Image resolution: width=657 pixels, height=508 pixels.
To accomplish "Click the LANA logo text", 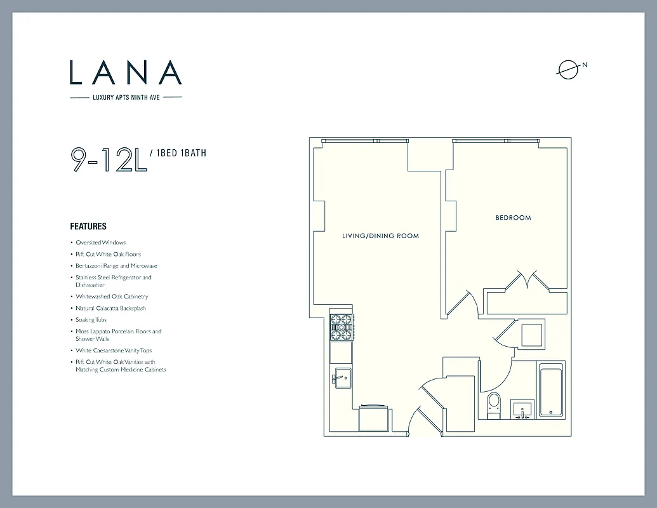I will pyautogui.click(x=126, y=72).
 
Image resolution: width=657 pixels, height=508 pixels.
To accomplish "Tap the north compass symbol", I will pyautogui.click(x=568, y=69).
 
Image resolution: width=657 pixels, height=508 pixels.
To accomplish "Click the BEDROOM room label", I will pyautogui.click(x=513, y=218).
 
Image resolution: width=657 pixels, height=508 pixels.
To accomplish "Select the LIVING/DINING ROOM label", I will pyautogui.click(x=380, y=236).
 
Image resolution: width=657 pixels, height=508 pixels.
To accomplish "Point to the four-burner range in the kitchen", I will pyautogui.click(x=341, y=327).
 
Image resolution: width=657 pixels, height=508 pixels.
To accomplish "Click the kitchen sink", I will pyautogui.click(x=341, y=377).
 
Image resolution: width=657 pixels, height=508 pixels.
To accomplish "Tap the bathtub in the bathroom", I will pyautogui.click(x=551, y=390).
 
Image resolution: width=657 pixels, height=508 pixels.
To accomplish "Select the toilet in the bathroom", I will pyautogui.click(x=494, y=404).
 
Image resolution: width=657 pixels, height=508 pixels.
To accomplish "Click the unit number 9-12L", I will pyautogui.click(x=109, y=159).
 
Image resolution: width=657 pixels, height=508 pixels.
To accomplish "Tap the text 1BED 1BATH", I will pyautogui.click(x=180, y=153).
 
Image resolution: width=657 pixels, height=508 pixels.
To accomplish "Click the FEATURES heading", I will pyautogui.click(x=88, y=226).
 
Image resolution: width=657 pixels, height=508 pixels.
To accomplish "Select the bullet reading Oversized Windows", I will pyautogui.click(x=100, y=243).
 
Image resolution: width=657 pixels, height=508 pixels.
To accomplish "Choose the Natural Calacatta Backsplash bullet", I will pyautogui.click(x=110, y=308).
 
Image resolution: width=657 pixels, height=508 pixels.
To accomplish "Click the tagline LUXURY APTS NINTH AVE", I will pyautogui.click(x=126, y=97).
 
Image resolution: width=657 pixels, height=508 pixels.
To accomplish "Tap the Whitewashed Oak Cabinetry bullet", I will pyautogui.click(x=112, y=297).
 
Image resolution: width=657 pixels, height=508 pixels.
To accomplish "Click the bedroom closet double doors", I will pyautogui.click(x=526, y=281).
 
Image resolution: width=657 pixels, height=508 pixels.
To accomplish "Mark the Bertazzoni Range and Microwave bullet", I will pyautogui.click(x=116, y=266).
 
